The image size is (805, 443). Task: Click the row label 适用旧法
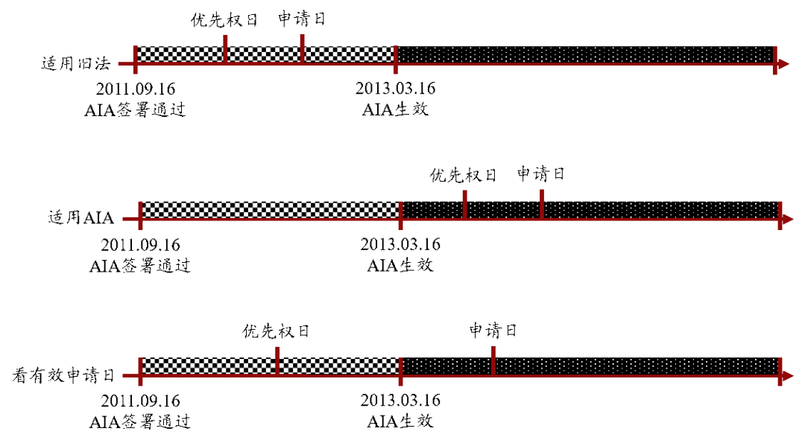pos(76,63)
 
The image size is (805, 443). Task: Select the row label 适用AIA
pos(81,218)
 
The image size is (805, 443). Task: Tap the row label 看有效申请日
pos(63,375)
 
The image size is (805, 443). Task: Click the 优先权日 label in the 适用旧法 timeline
pos(224,20)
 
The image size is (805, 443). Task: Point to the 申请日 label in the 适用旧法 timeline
pos(302,19)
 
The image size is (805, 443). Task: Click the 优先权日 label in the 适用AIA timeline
pos(463,176)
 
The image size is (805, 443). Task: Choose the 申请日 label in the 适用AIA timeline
pos(540,173)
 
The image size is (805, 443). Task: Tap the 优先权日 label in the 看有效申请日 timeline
pos(276,331)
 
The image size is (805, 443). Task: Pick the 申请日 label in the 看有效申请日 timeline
pos(493,330)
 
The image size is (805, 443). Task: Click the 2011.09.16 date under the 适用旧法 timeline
pos(136,89)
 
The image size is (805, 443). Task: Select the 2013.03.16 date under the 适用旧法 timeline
pos(395,88)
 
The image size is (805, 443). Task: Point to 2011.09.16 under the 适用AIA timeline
pos(141,244)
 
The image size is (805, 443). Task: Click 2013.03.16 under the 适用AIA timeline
pos(400,244)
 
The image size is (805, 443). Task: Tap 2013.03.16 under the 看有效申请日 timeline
pos(400,400)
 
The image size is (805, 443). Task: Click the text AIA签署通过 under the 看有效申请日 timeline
pos(140,421)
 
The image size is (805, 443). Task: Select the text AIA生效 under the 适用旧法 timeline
pos(395,109)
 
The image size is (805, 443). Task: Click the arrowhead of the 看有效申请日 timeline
pos(787,376)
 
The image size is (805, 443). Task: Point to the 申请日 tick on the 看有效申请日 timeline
pos(493,361)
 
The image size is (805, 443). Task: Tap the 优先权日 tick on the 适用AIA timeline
pos(464,205)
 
